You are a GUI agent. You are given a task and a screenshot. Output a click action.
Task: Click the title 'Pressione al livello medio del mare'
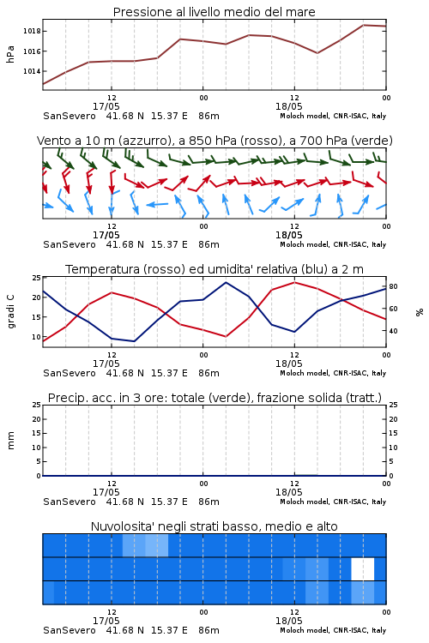(x=214, y=12)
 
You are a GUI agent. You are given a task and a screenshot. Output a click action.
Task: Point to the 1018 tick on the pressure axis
(x=32, y=31)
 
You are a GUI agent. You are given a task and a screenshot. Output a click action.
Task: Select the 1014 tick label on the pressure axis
(x=32, y=71)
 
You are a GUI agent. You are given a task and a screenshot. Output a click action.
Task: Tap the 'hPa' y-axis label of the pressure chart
(x=10, y=54)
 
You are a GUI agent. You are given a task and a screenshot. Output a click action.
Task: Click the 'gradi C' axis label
(x=10, y=312)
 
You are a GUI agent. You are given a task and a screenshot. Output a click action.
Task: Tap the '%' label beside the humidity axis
(x=420, y=312)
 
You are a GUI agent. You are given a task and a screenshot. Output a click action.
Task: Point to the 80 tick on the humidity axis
(x=393, y=286)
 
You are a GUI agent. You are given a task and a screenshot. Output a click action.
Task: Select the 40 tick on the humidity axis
(x=393, y=331)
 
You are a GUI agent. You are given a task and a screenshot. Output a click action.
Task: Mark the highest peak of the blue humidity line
(x=226, y=282)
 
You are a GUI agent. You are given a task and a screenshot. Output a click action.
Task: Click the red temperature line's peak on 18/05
(x=294, y=282)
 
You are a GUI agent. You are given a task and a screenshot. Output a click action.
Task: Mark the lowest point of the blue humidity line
(x=134, y=341)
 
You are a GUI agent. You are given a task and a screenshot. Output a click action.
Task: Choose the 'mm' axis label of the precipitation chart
(x=10, y=441)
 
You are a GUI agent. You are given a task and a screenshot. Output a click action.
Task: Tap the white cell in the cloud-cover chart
(x=363, y=568)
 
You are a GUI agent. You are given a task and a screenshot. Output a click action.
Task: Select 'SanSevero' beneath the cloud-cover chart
(x=69, y=630)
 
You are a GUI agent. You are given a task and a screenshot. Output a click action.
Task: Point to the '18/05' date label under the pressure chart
(x=289, y=106)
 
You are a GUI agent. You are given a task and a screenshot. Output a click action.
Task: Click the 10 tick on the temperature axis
(x=36, y=337)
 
